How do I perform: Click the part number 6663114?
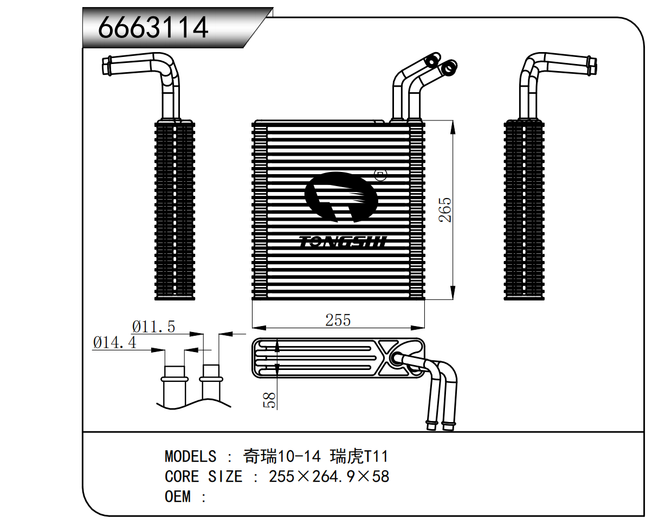[153, 27]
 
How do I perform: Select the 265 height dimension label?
[445, 209]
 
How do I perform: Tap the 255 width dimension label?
[338, 320]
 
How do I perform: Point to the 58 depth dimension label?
[269, 400]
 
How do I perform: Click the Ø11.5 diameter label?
[153, 327]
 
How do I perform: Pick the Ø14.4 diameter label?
[114, 342]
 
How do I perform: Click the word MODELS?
[190, 456]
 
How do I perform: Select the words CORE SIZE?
[203, 476]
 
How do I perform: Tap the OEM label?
[178, 496]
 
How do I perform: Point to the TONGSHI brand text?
[343, 241]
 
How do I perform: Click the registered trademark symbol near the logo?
[380, 175]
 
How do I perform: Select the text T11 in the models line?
[376, 456]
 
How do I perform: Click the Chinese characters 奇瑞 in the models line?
[260, 456]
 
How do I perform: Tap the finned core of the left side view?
[175, 209]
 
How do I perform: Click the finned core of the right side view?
[524, 209]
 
